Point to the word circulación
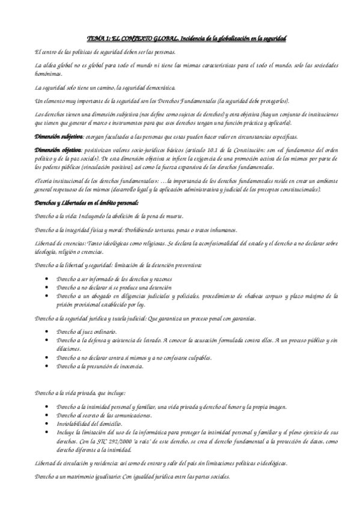(75, 462)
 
